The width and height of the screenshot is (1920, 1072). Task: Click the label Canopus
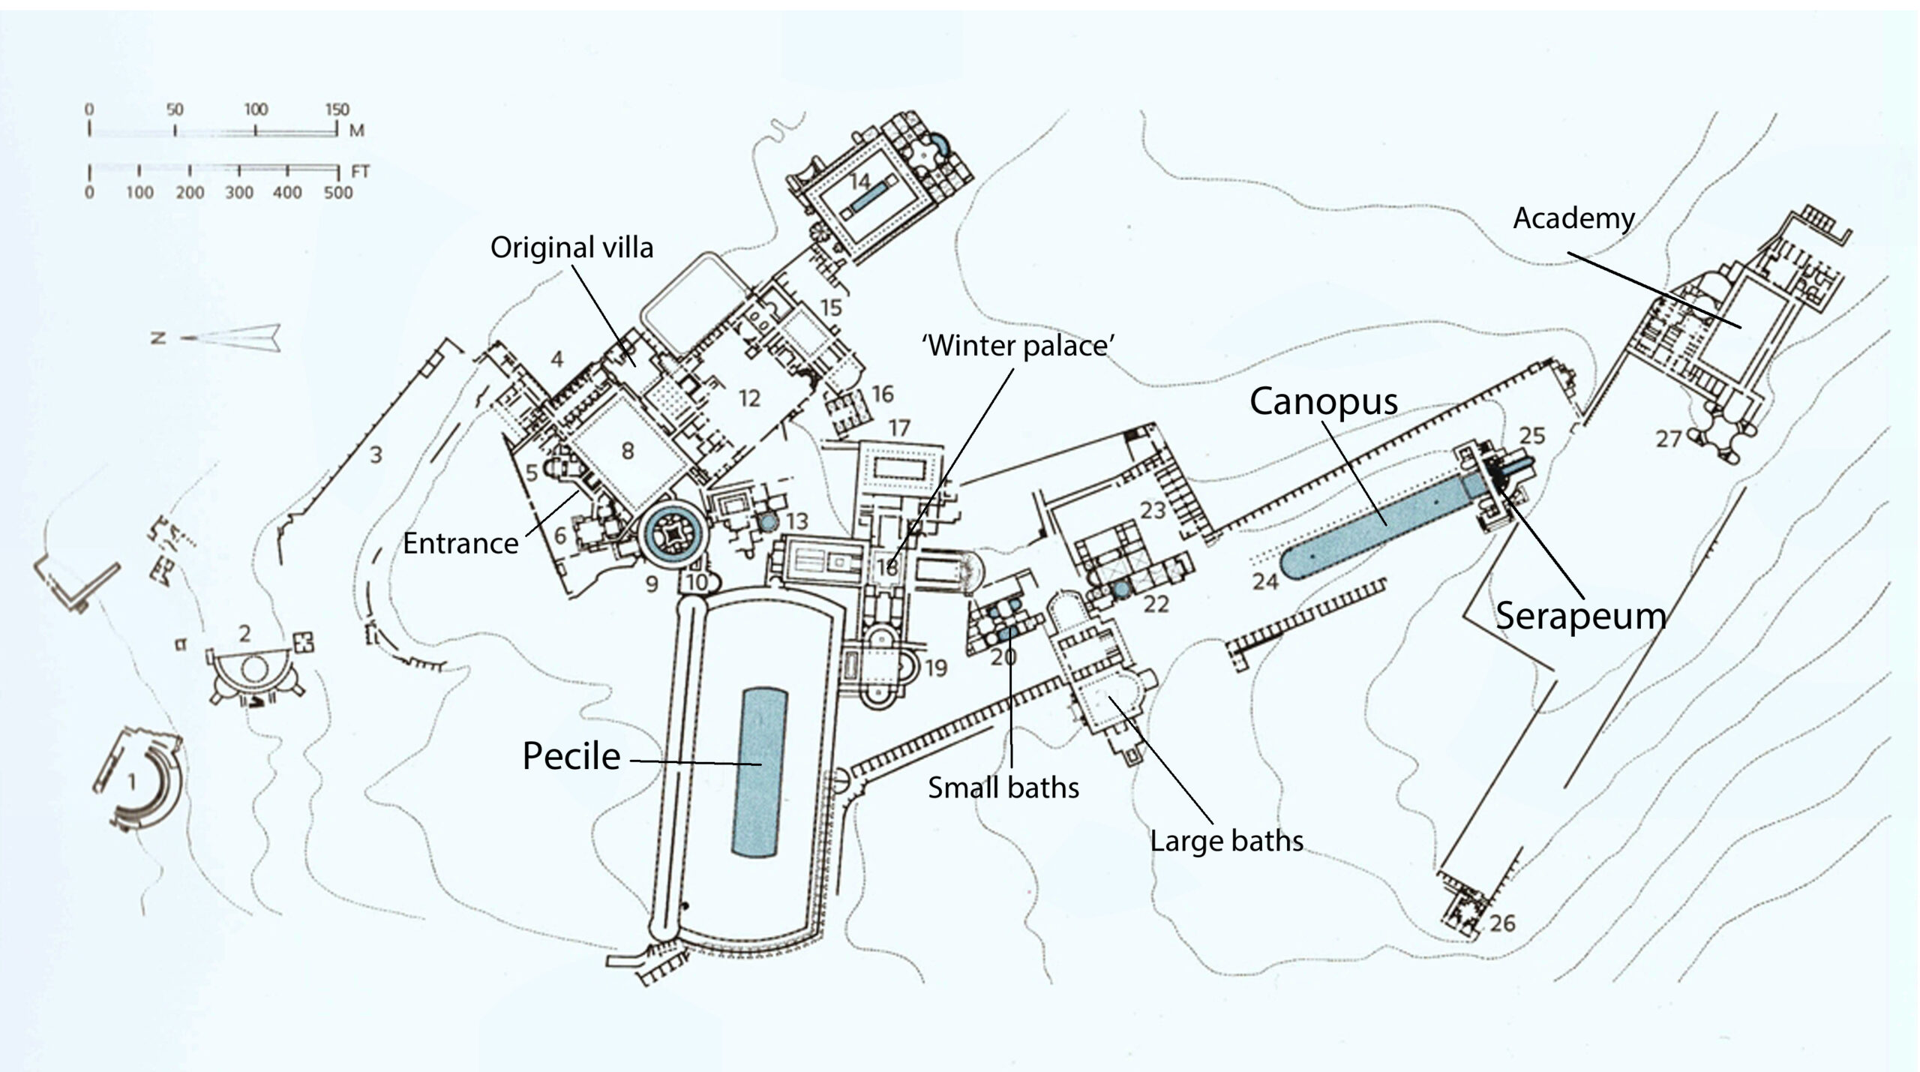1324,402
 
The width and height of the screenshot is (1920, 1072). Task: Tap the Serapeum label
1581,616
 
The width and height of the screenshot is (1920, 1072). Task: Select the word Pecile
571,755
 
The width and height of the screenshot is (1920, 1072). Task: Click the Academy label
1573,218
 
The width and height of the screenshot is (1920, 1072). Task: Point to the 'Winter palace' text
1018,346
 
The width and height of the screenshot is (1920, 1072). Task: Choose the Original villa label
571,248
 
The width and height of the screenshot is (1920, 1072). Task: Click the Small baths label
1003,788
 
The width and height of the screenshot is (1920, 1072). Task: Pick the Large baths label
1227,841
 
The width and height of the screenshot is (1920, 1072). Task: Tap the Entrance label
460,543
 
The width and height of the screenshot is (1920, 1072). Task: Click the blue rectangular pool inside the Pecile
760,772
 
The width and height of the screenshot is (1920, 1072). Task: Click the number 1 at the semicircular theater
132,782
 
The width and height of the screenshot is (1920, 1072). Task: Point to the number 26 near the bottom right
1502,923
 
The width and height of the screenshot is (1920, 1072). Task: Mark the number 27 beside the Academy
1668,438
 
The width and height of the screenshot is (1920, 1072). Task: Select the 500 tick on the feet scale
338,172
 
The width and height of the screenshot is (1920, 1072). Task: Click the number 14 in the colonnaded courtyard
859,182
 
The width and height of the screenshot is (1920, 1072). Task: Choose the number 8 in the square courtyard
628,451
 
